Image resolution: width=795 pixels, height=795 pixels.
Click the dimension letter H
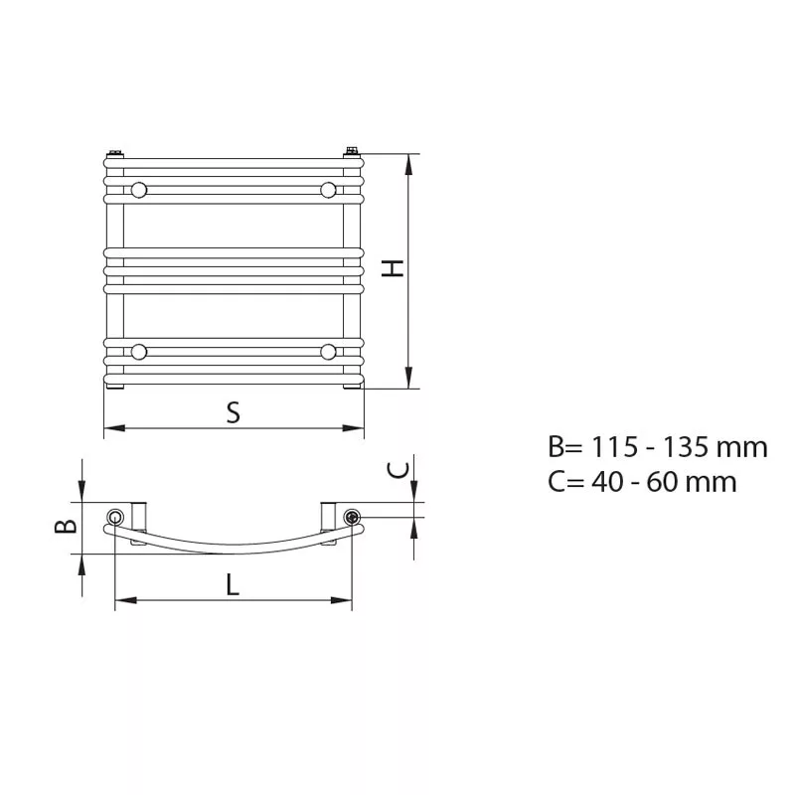pyautogui.click(x=393, y=268)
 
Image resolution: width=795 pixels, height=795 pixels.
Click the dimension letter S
pyautogui.click(x=234, y=412)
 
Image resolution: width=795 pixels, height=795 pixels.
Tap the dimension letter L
pyautogui.click(x=233, y=584)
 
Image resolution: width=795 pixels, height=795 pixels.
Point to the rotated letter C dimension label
pyautogui.click(x=398, y=470)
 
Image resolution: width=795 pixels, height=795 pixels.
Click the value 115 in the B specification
pyautogui.click(x=614, y=447)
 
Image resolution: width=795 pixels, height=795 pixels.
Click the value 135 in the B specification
pyautogui.click(x=686, y=447)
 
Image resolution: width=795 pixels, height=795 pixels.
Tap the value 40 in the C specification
pyautogui.click(x=607, y=482)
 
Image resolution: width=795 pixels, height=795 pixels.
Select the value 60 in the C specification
pyautogui.click(x=663, y=482)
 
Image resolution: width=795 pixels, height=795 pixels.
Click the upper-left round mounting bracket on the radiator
pyautogui.click(x=139, y=191)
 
